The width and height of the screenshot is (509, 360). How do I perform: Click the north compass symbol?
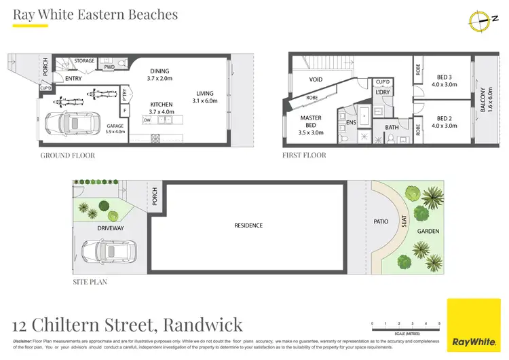pyautogui.click(x=480, y=21)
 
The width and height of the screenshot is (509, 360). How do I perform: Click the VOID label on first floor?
pyautogui.click(x=315, y=79)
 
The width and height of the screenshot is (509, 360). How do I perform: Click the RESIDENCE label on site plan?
pyautogui.click(x=248, y=226)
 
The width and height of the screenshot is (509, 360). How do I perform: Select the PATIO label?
pyautogui.click(x=380, y=221)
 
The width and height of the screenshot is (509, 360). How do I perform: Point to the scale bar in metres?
pyautogui.click(x=406, y=327)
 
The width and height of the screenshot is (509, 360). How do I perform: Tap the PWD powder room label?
pyautogui.click(x=109, y=68)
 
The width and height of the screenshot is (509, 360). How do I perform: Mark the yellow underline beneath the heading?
pyautogui.click(x=31, y=26)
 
